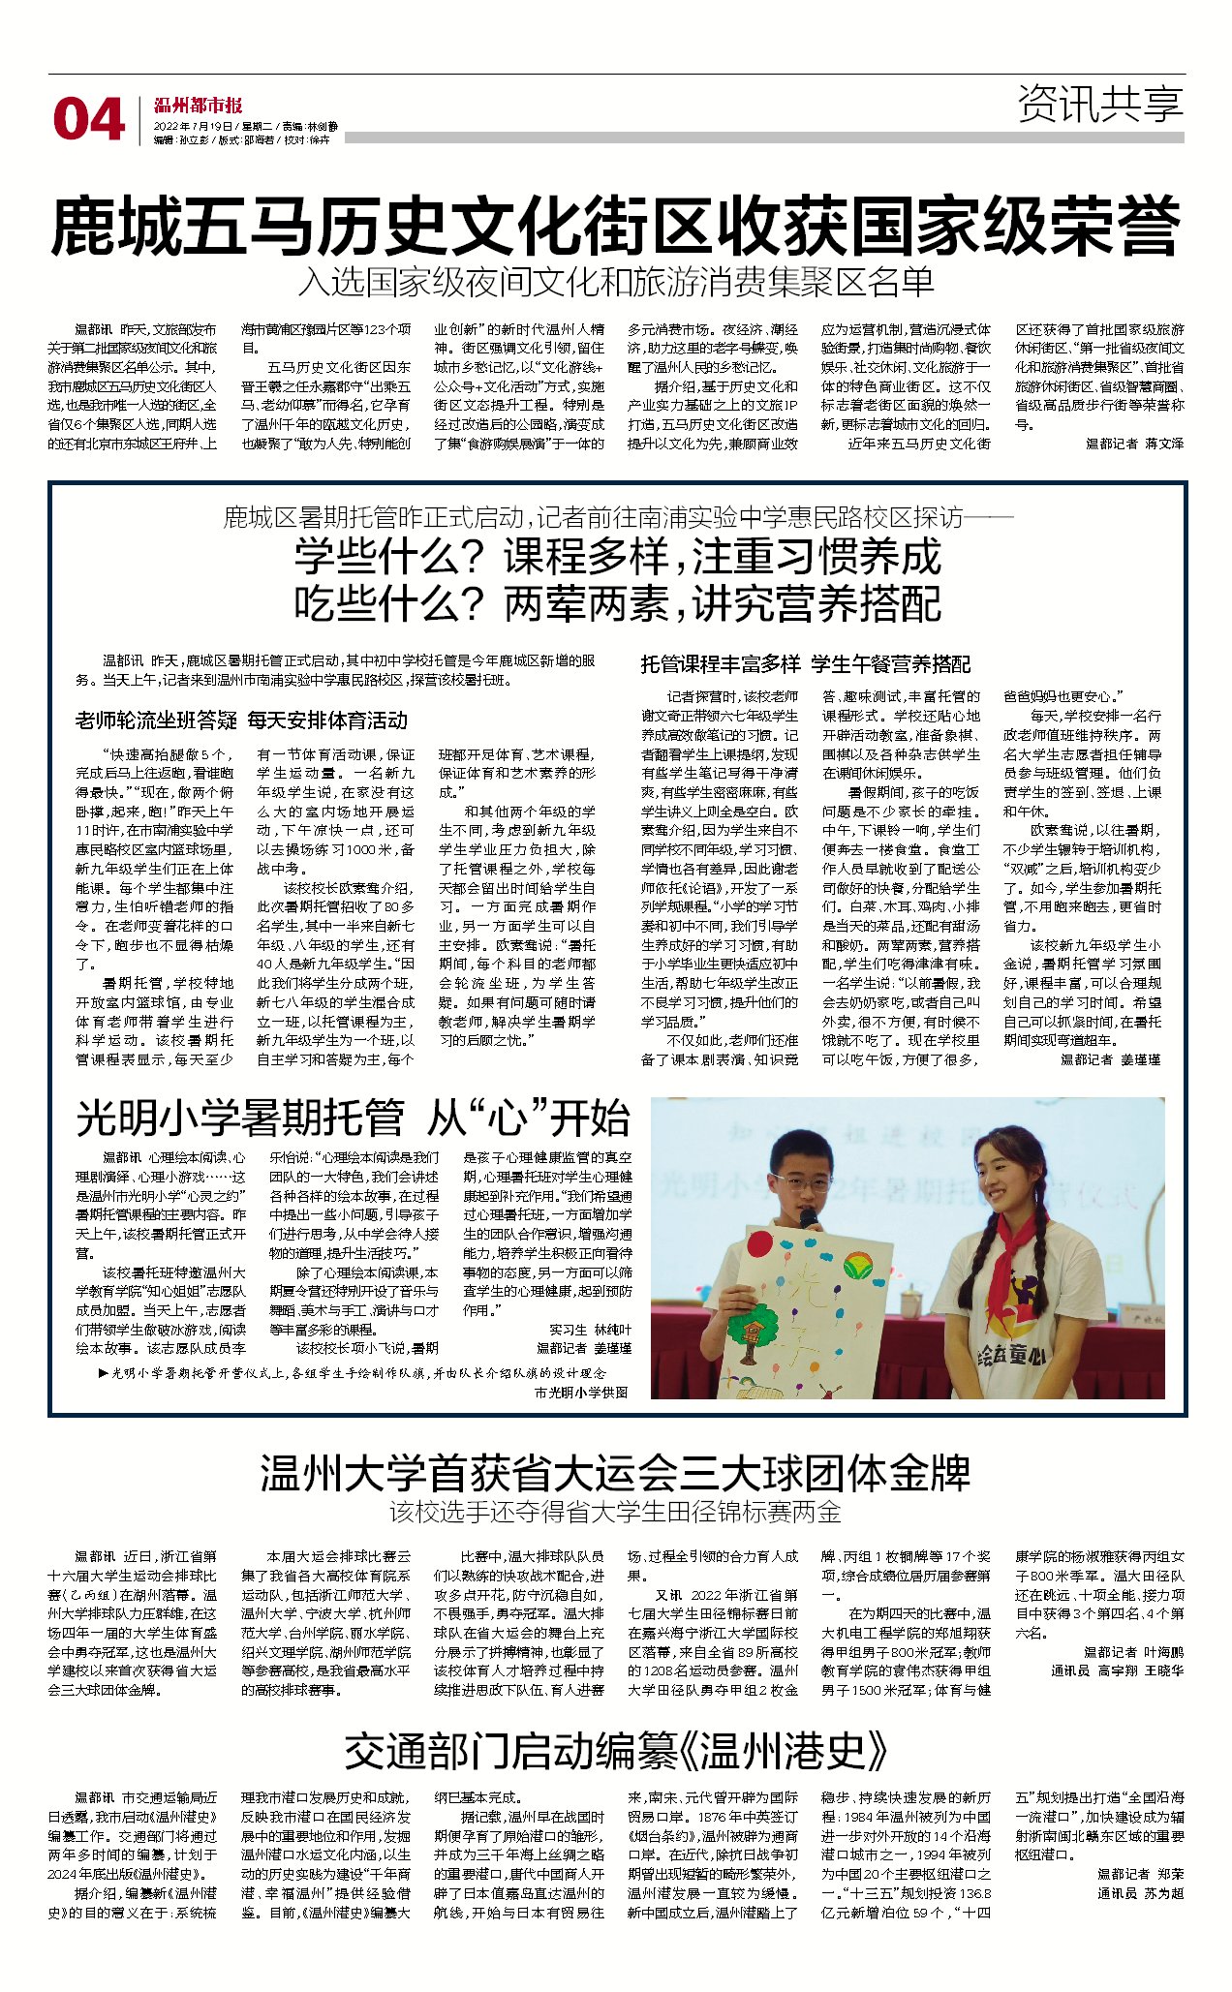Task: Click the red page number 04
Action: pos(88,120)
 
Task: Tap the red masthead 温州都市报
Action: pos(198,106)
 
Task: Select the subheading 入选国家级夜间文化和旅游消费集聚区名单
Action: pos(615,282)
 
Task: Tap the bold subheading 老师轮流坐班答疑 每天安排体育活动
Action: pos(241,720)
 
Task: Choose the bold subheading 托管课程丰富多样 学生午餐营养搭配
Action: pos(805,664)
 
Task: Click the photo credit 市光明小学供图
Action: pos(580,1392)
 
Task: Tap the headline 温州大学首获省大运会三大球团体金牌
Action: pos(615,1473)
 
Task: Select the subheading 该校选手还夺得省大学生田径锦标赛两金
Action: pos(615,1512)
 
